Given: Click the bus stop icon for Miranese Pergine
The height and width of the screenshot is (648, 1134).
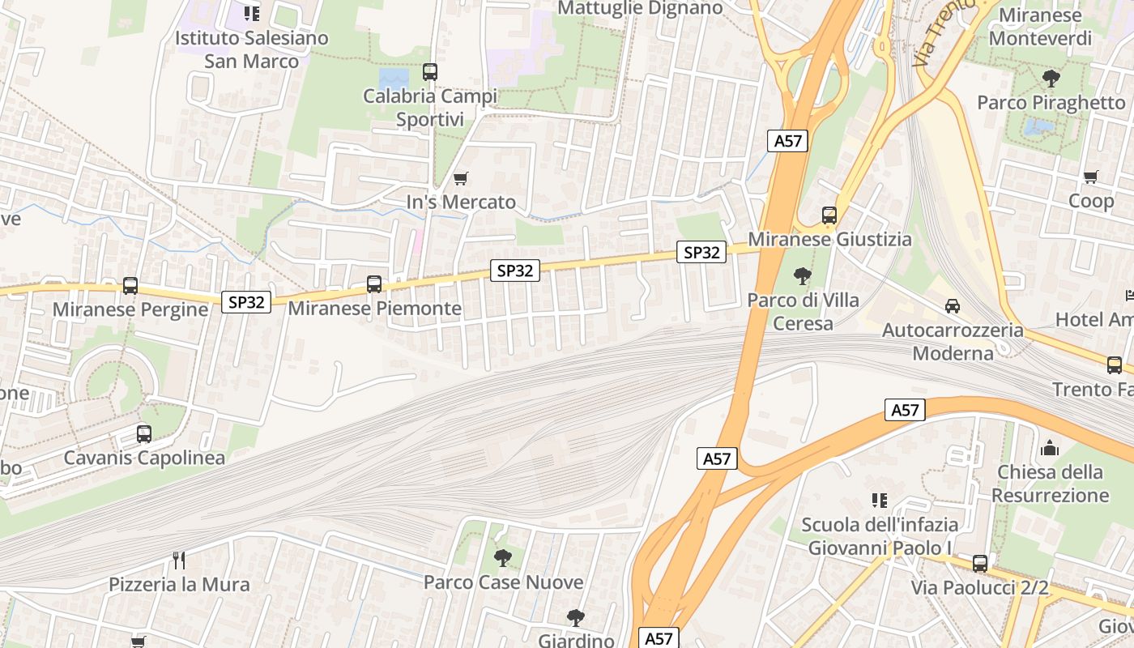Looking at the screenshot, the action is (130, 286).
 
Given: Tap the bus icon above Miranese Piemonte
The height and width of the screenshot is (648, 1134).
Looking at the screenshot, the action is (373, 284).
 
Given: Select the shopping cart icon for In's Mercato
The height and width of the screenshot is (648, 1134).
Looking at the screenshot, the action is (460, 178).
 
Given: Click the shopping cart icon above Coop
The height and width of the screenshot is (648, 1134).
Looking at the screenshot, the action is (1090, 177).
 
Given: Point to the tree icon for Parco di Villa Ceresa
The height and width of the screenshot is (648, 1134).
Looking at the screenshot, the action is (802, 276).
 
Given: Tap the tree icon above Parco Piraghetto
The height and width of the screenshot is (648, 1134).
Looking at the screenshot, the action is (1051, 79).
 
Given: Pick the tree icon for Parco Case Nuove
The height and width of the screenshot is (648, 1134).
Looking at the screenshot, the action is (502, 558).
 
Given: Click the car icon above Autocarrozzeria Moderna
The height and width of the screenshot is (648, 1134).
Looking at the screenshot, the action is (952, 306).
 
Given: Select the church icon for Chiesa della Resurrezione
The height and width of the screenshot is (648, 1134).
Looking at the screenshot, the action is (1050, 448).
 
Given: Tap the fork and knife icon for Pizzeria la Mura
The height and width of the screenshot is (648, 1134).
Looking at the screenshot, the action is (179, 560).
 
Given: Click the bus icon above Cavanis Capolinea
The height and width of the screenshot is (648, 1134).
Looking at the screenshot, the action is (143, 434).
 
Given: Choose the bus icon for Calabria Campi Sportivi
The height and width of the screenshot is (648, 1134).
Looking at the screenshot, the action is (429, 72).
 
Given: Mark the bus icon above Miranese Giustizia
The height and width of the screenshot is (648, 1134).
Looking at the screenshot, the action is (829, 215).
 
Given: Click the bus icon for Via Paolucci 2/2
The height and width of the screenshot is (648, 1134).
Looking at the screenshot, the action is (979, 564).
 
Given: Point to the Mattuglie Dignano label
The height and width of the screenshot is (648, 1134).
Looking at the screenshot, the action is (640, 8).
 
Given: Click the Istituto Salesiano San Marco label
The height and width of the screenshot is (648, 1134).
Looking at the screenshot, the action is (252, 49).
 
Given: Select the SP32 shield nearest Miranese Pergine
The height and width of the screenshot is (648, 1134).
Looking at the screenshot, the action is (246, 302).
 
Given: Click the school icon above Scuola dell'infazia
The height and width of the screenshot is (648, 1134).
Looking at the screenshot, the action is (879, 501).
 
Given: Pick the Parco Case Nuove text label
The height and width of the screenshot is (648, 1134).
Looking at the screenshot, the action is (503, 582).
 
